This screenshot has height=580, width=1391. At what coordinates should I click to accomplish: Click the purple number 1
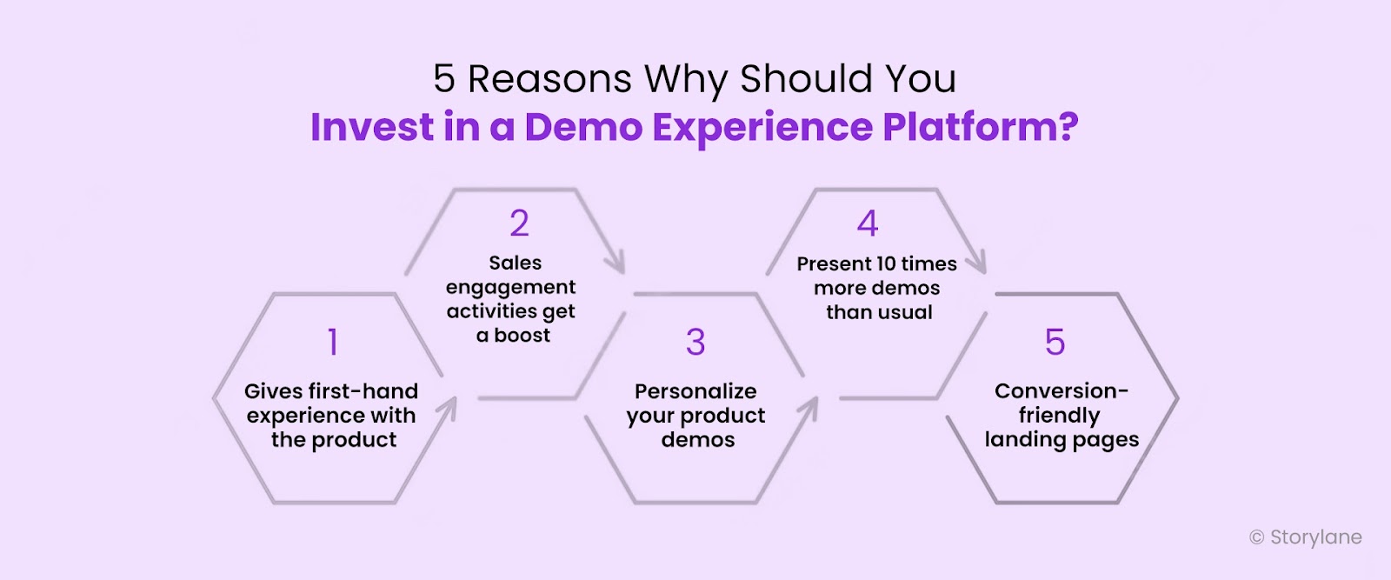[x=333, y=343]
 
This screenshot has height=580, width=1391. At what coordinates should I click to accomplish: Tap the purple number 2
[x=519, y=224]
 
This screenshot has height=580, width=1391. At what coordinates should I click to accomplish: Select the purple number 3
[x=695, y=343]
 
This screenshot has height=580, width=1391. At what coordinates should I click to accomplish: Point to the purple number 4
[x=868, y=224]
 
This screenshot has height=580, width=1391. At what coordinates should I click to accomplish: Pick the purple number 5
[x=1055, y=343]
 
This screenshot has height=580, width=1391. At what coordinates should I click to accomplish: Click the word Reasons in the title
[x=549, y=79]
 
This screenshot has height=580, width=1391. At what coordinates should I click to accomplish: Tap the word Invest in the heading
[x=371, y=127]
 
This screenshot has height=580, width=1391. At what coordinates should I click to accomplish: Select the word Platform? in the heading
[x=981, y=127]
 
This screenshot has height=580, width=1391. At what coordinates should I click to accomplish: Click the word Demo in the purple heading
[x=582, y=127]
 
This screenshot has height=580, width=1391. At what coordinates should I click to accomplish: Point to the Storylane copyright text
[x=1306, y=537]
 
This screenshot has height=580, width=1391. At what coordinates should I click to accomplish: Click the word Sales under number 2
[x=515, y=263]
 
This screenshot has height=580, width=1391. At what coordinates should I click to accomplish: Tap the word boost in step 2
[x=522, y=336]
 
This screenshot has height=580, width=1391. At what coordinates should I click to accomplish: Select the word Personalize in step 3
[x=695, y=391]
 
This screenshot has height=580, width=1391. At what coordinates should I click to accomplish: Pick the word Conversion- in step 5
[x=1062, y=391]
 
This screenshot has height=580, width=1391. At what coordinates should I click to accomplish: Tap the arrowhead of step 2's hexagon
[x=616, y=262]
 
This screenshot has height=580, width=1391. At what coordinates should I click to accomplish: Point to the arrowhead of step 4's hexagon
[x=978, y=262]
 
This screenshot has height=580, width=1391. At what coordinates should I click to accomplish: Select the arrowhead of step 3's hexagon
[x=810, y=406]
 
